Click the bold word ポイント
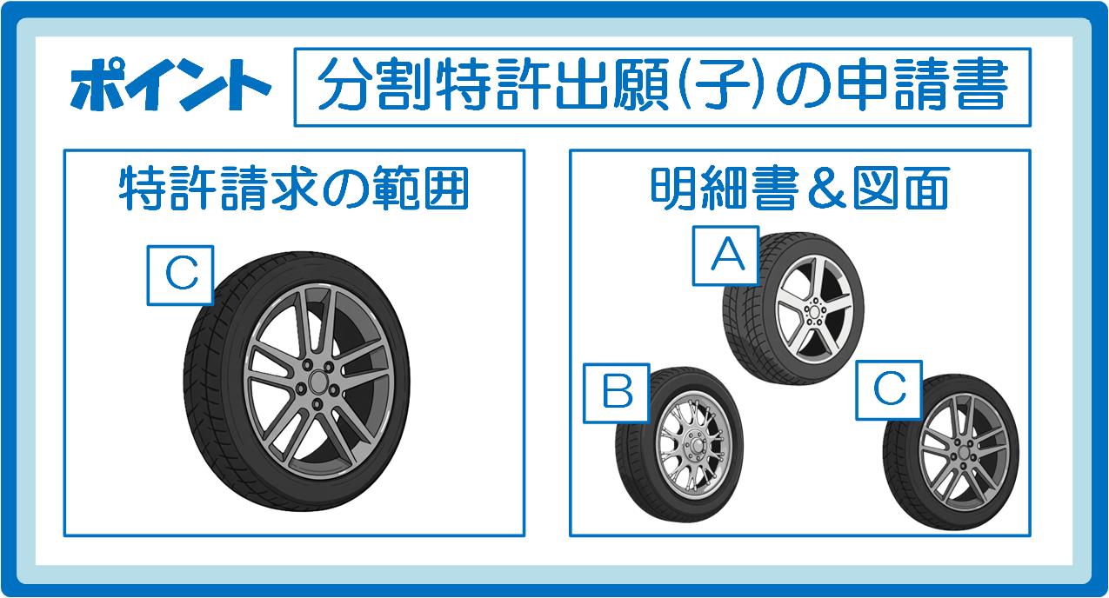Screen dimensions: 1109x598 (x=170, y=85)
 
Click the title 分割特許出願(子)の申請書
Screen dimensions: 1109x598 (x=663, y=84)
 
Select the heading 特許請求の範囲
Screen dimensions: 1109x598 (x=294, y=189)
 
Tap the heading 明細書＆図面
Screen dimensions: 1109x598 (x=799, y=189)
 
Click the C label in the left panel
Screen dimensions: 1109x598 (x=181, y=275)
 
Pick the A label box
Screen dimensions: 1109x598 (x=725, y=256)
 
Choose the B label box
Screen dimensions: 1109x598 (x=617, y=393)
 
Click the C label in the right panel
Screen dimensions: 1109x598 (x=889, y=390)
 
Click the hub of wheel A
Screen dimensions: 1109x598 (x=813, y=312)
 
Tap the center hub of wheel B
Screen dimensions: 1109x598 (x=696, y=445)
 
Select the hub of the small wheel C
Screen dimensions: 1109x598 (x=964, y=453)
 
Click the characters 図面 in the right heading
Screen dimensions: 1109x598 (x=901, y=189)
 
